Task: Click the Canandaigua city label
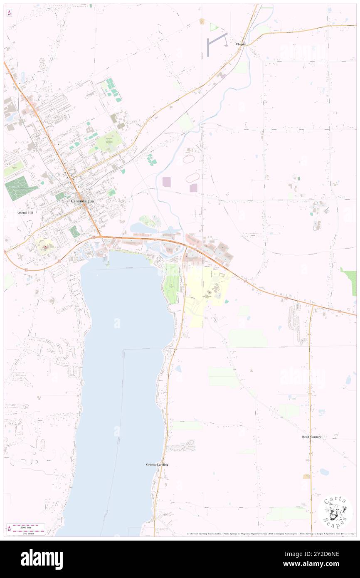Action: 81,201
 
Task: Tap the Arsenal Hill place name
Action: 25,212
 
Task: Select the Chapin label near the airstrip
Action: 241,44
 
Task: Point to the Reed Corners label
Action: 311,437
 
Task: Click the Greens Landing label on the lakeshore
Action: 157,464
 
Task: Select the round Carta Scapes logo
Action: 335,511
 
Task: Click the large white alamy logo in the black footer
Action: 42,559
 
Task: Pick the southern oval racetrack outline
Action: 192,178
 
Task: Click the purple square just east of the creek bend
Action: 167,182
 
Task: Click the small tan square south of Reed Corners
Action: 307,476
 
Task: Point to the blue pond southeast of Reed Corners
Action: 324,472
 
